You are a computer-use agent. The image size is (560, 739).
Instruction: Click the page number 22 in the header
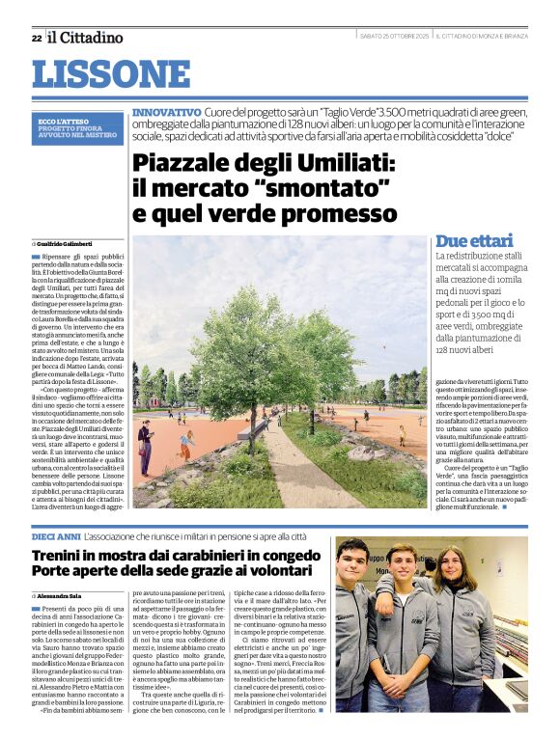(36, 38)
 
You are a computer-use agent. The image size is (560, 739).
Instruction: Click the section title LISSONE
(111, 74)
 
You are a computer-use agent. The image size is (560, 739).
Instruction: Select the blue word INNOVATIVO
(166, 113)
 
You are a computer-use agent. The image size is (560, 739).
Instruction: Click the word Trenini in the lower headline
(63, 556)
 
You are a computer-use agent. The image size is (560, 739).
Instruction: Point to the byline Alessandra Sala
(65, 595)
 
